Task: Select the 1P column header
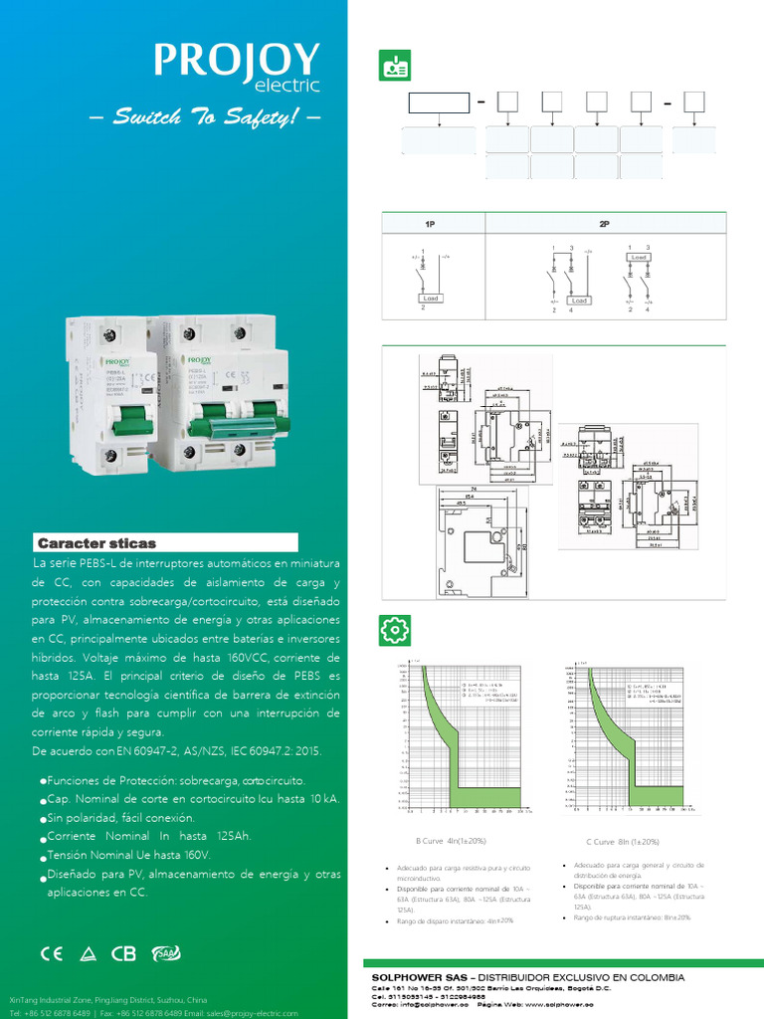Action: coord(430,225)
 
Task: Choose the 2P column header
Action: coord(604,225)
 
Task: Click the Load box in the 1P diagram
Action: coord(431,298)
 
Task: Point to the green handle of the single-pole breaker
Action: coord(126,425)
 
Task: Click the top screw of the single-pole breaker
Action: coord(107,336)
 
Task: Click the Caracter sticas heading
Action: coord(97,543)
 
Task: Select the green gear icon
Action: coord(395,630)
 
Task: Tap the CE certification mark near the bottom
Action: coord(51,952)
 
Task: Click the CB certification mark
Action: coord(123,953)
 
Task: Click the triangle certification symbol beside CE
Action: coord(88,953)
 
